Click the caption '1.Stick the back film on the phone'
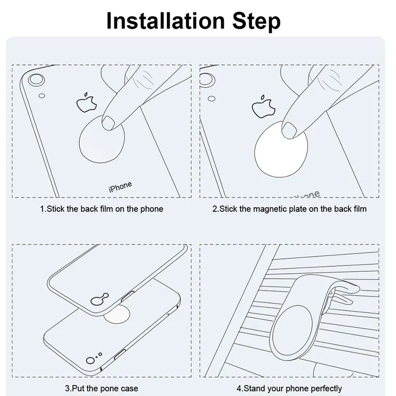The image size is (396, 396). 101,209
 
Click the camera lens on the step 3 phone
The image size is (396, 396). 90,361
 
